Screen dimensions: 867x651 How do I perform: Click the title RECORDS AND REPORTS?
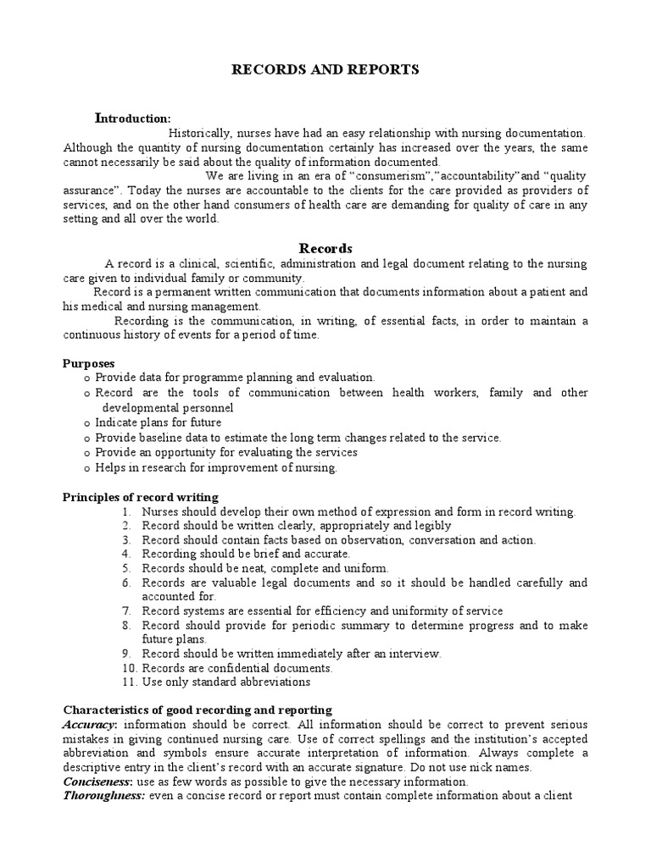325,70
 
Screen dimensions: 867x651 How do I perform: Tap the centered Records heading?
325,248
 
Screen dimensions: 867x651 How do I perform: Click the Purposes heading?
89,363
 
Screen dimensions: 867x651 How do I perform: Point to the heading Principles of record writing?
141,497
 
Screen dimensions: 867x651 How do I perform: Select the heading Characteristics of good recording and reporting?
198,710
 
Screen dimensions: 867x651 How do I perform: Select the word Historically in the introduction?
201,133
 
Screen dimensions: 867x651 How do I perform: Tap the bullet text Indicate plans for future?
159,422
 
